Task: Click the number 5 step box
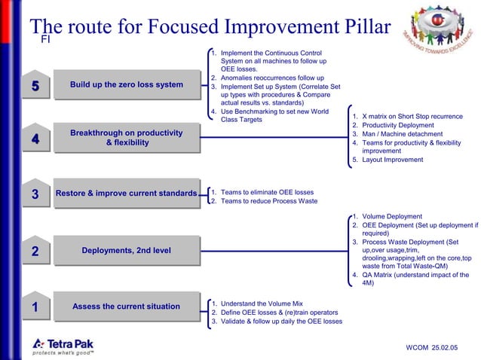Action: point(35,86)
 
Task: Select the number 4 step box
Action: point(35,139)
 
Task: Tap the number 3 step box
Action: point(35,195)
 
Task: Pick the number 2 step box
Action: point(35,252)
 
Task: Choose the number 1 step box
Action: point(35,307)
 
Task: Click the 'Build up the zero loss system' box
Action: point(126,85)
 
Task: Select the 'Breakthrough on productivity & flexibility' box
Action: point(126,139)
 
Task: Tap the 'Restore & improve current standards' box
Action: point(126,194)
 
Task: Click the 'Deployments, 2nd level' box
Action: point(126,251)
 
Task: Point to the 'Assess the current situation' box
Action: point(126,307)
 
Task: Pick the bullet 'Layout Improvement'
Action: point(392,160)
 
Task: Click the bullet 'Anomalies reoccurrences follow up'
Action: point(272,78)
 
